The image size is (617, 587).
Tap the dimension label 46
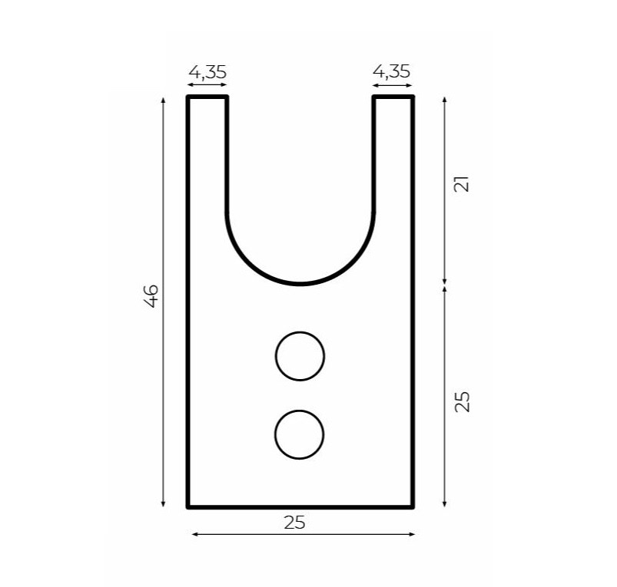coord(151,296)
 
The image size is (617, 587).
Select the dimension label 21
coord(462,183)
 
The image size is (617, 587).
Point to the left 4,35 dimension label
coord(207,72)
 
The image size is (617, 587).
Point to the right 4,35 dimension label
coord(391,71)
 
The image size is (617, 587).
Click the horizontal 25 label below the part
coord(294,523)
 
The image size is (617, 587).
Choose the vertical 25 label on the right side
coord(463,401)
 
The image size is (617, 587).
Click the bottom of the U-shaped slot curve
coord(300,284)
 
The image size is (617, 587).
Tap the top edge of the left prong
coord(207,97)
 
